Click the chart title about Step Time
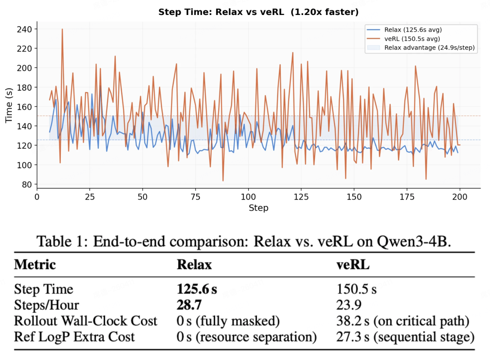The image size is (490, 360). pyautogui.click(x=258, y=12)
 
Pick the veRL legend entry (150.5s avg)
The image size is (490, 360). pyautogui.click(x=411, y=39)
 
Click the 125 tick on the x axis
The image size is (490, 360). pyautogui.click(x=301, y=197)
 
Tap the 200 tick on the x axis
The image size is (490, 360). pyautogui.click(x=460, y=197)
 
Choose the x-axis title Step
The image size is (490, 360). pyautogui.click(x=258, y=208)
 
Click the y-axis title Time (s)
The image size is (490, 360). pyautogui.click(x=9, y=107)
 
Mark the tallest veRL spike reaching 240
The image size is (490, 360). pyautogui.click(x=62, y=29)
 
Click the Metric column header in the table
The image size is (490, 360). pyautogui.click(x=35, y=265)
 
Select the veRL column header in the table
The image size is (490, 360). pyautogui.click(x=353, y=265)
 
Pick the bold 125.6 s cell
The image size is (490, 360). pyautogui.click(x=196, y=289)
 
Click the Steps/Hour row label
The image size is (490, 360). pyautogui.click(x=47, y=305)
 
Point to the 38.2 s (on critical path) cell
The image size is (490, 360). pyautogui.click(x=402, y=321)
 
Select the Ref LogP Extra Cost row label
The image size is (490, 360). pyautogui.click(x=74, y=337)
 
